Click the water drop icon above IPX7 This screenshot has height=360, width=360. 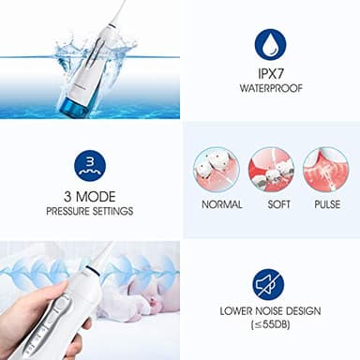click(271, 44)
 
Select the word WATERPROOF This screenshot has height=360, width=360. click(271, 92)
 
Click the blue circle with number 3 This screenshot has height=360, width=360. click(90, 166)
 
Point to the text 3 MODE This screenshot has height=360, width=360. click(90, 197)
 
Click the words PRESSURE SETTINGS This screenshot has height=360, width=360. click(90, 212)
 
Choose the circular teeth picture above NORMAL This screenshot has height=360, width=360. click(216, 169)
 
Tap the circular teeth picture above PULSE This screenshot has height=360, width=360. click(325, 169)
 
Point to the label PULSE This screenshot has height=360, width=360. click(325, 204)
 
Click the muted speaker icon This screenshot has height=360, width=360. click(268, 284)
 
